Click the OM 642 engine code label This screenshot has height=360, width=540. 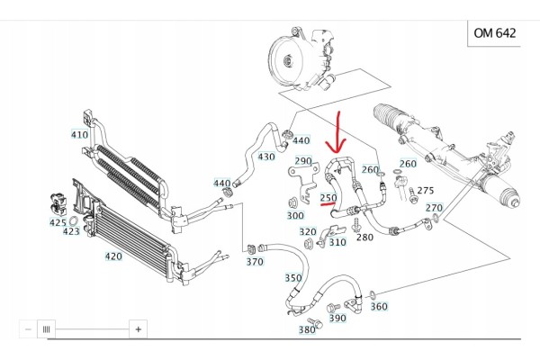tap(494, 33)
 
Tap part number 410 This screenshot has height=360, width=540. tap(79, 135)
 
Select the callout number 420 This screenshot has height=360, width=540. tap(113, 256)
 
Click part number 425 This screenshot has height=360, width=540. tap(58, 222)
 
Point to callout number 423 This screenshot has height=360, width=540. tap(71, 231)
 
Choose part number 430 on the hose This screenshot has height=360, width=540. tap(266, 157)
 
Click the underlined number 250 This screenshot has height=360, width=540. tap(328, 198)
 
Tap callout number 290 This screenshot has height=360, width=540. tap(303, 161)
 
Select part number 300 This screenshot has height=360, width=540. tap(295, 216)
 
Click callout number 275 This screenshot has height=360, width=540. tap(426, 190)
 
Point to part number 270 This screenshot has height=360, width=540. tap(434, 208)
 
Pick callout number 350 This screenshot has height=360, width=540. tap(293, 278)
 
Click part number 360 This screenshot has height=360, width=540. tap(379, 306)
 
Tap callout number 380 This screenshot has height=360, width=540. tap(307, 330)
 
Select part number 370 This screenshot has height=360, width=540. tap(255, 262)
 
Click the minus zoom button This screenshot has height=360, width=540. tap(28, 329)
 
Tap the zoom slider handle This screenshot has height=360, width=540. tap(46, 329)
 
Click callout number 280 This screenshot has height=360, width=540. tap(364, 237)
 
